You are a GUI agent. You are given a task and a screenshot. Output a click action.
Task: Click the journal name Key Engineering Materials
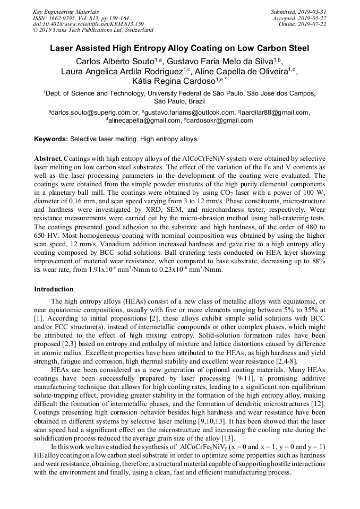[65, 12]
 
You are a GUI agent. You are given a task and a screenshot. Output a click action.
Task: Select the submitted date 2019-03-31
[313, 12]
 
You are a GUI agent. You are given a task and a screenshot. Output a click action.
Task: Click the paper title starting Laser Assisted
[179, 48]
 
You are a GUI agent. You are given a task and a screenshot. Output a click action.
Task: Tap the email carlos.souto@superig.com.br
[95, 113]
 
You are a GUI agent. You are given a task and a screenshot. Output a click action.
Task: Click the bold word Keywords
[51, 139]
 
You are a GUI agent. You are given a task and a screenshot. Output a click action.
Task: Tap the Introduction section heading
[54, 289]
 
